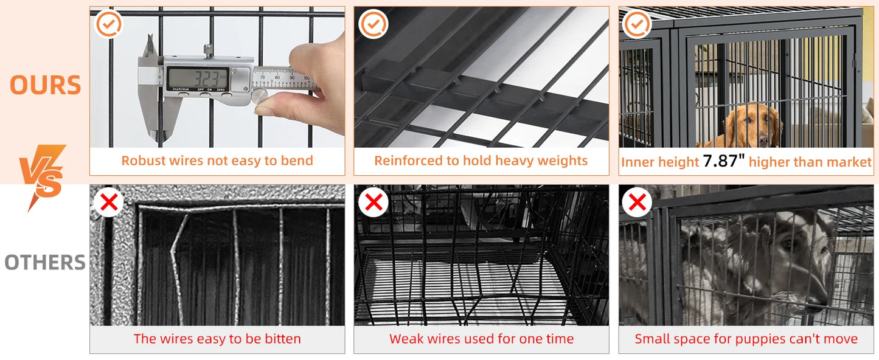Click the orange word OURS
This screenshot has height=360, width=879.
(x=46, y=86)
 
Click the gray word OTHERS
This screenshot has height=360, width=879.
(x=45, y=263)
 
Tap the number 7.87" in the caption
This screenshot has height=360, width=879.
(x=724, y=162)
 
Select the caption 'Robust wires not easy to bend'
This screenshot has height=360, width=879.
(x=217, y=161)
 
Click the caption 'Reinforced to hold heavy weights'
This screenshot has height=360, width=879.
(x=481, y=161)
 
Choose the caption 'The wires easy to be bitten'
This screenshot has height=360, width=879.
(x=217, y=339)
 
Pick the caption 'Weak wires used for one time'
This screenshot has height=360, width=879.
(x=481, y=339)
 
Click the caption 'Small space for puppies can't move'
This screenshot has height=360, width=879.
(x=746, y=339)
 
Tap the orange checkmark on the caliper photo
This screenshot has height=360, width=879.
(x=109, y=24)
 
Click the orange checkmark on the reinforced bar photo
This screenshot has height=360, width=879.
(x=373, y=24)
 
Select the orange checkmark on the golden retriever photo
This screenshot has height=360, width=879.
(x=637, y=24)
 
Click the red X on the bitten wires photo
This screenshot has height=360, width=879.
(x=109, y=202)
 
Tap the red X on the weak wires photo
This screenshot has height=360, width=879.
(x=373, y=202)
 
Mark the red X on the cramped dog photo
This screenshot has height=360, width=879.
(x=637, y=202)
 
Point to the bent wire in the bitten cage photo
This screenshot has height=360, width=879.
(x=177, y=261)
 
